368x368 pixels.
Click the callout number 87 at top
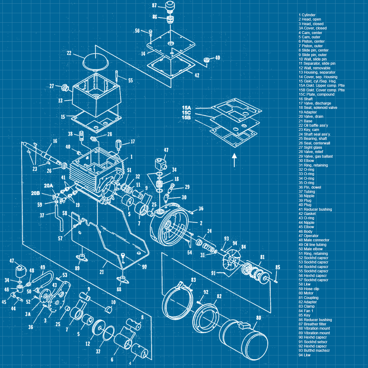pyautogui.click(x=154, y=5)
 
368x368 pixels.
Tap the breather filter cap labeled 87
pyautogui.click(x=170, y=7)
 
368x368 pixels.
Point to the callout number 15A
pyautogui.click(x=186, y=108)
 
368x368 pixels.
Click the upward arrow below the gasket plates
pyautogui.click(x=234, y=160)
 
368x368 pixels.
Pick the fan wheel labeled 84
pyautogui.click(x=232, y=260)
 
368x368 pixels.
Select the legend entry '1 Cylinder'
pyautogui.click(x=307, y=15)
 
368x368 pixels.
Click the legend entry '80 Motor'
pyautogui.click(x=306, y=293)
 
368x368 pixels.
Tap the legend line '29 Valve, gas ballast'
pyautogui.click(x=316, y=156)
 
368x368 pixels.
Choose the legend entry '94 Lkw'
pyautogui.click(x=305, y=355)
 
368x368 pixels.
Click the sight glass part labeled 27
pyautogui.click(x=65, y=87)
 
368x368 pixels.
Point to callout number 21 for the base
pyautogui.click(x=102, y=272)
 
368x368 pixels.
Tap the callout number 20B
pyautogui.click(x=36, y=193)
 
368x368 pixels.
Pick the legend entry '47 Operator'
pyautogui.click(x=309, y=236)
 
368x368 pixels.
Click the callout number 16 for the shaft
pyautogui.click(x=55, y=141)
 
